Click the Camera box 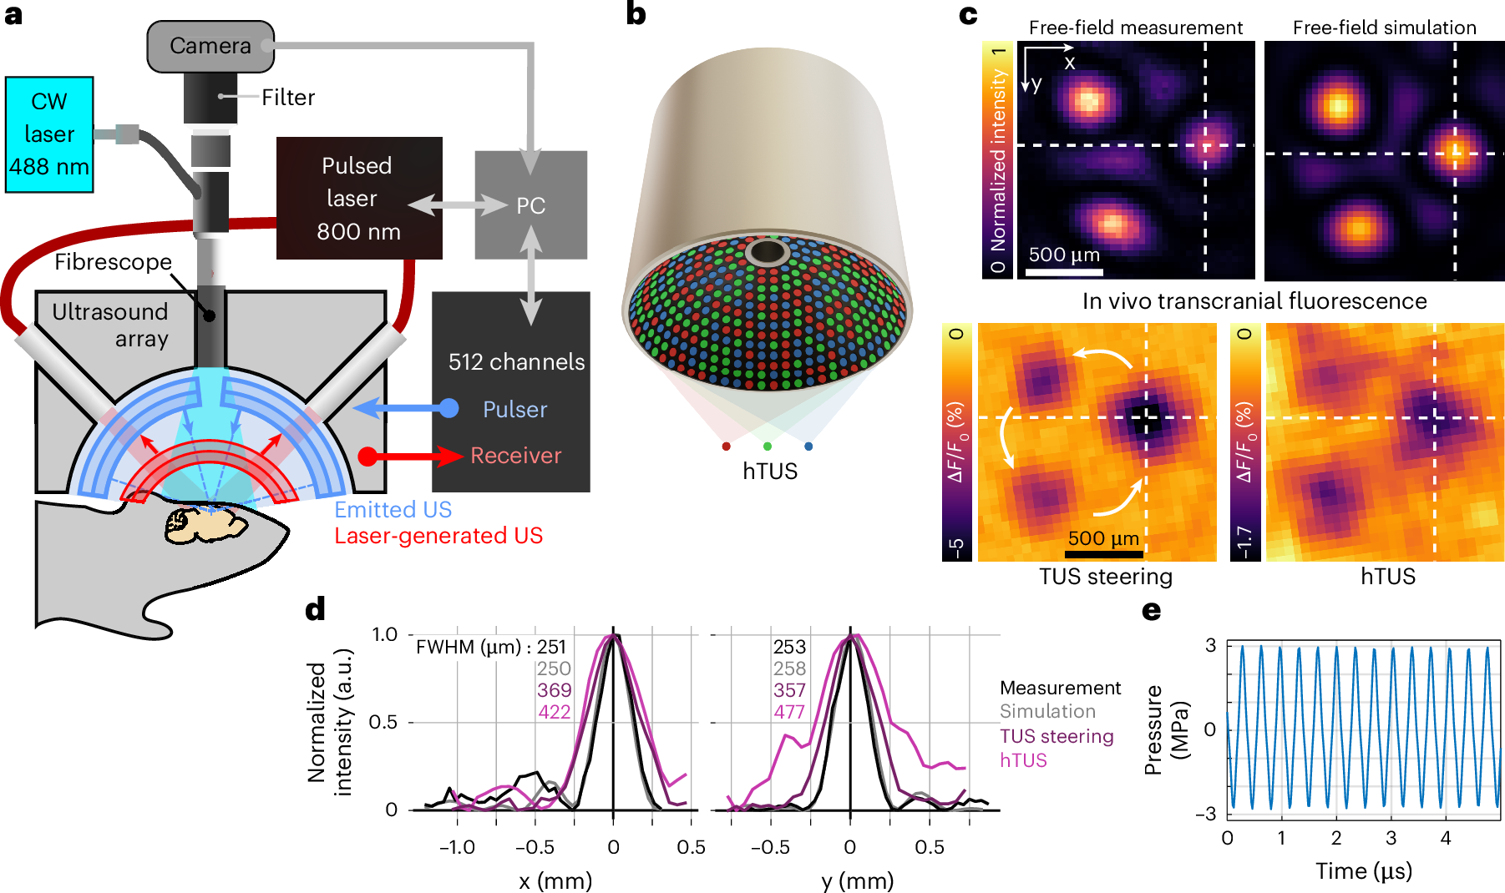[x=210, y=46]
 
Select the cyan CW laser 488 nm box [x=49, y=134]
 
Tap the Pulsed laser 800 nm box [x=359, y=199]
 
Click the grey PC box [x=530, y=205]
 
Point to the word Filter [x=288, y=98]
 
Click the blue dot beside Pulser [x=449, y=408]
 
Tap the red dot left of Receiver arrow [x=367, y=456]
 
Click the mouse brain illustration [x=205, y=523]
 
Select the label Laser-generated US [x=438, y=536]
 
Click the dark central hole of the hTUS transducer [x=767, y=251]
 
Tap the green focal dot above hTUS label [x=767, y=446]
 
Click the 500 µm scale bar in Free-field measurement [x=1064, y=271]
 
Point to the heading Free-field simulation [x=1384, y=28]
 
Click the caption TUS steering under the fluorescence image [x=1105, y=577]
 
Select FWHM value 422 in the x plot [x=554, y=712]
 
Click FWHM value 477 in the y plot [x=789, y=712]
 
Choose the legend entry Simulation [x=1047, y=712]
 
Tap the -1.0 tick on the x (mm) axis [x=457, y=847]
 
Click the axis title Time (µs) [x=1363, y=871]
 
